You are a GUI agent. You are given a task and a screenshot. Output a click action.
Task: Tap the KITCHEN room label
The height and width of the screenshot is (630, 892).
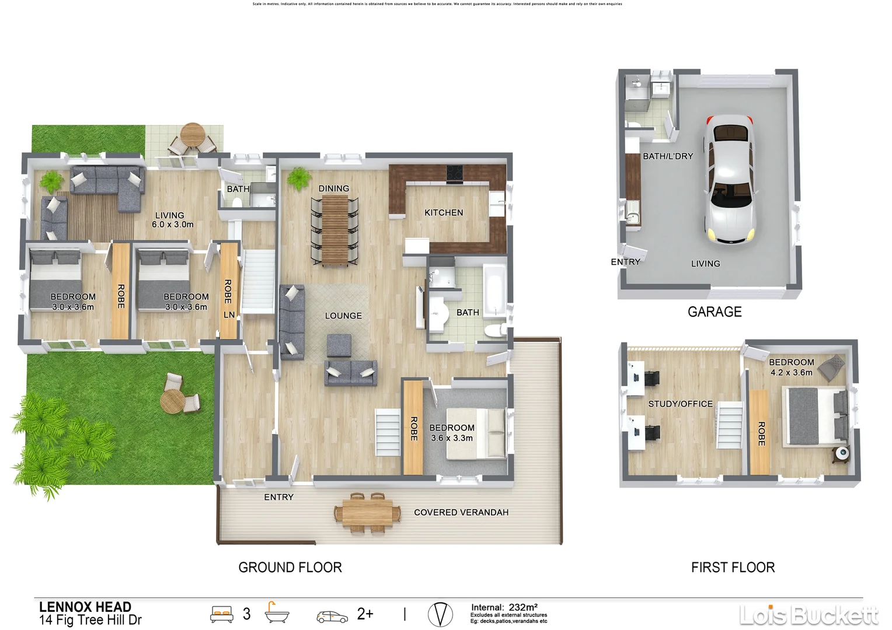click(x=444, y=213)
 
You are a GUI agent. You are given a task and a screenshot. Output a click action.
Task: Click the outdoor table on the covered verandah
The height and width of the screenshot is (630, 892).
click(x=368, y=513)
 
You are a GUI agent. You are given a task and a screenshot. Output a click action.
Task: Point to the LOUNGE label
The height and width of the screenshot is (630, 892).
click(x=343, y=316)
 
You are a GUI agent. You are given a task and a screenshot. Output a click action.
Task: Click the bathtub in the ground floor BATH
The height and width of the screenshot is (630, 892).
click(x=494, y=290)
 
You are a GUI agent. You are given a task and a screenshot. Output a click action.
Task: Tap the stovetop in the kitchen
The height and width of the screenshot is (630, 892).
click(x=455, y=173)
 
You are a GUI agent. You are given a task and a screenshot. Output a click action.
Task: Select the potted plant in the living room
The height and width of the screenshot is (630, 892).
click(x=51, y=181)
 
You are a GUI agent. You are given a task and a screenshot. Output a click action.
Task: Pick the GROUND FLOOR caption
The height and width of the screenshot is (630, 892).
click(x=290, y=568)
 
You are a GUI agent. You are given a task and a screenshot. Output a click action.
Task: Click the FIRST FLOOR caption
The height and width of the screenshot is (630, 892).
click(x=733, y=568)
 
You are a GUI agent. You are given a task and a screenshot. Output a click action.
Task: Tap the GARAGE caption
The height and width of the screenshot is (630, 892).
click(x=715, y=312)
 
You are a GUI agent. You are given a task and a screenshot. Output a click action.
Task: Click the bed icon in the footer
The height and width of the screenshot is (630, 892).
click(x=221, y=614)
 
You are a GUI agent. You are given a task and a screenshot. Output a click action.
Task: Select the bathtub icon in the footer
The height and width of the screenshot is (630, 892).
click(x=277, y=613)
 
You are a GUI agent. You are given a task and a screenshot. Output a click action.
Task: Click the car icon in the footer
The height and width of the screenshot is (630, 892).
click(x=332, y=616)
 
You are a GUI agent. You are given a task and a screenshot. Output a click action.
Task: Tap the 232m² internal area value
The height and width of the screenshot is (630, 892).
click(x=522, y=607)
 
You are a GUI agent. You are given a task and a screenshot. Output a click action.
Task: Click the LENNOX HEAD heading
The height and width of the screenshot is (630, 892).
click(x=85, y=607)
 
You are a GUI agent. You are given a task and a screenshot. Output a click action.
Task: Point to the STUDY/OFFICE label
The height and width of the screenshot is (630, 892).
click(x=680, y=404)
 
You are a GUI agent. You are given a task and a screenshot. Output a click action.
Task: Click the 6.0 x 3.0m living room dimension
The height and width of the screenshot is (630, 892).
click(x=172, y=225)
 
